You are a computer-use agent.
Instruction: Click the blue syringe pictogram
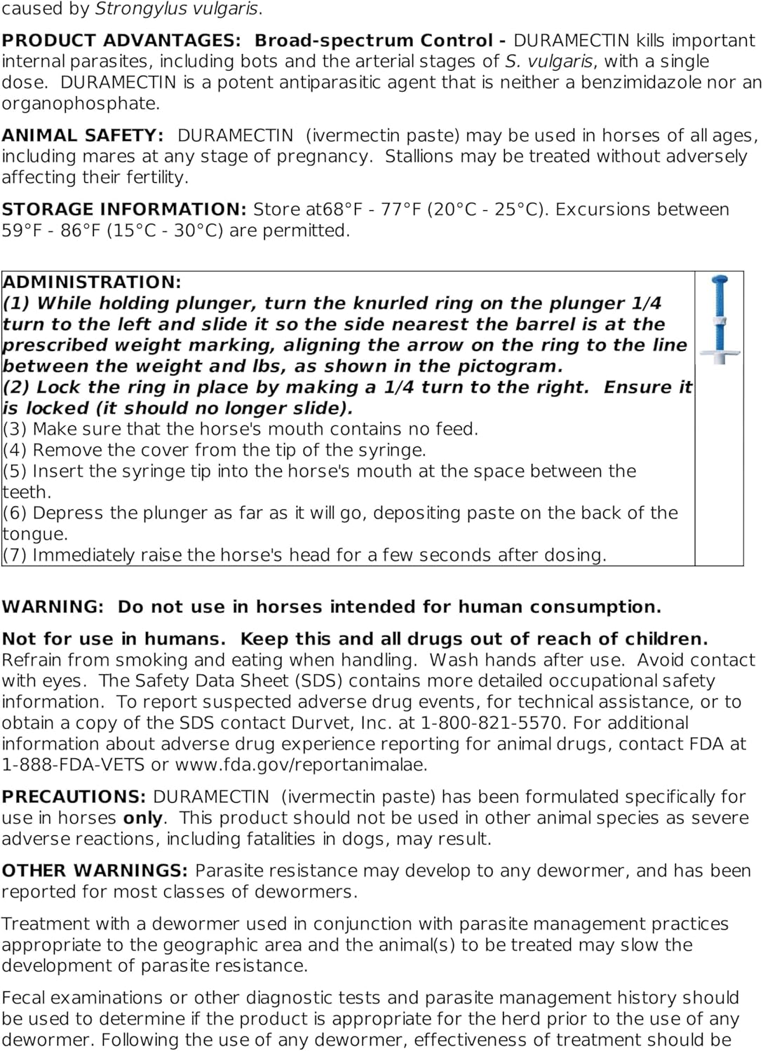click(720, 320)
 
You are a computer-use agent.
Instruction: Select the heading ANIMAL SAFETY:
click(83, 135)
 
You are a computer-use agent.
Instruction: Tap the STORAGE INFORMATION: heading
click(123, 209)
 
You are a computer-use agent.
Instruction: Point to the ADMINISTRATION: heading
click(92, 282)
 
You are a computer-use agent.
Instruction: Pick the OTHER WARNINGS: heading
click(95, 871)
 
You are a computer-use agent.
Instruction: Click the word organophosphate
click(80, 104)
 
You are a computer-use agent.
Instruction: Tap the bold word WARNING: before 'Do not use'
click(53, 607)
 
